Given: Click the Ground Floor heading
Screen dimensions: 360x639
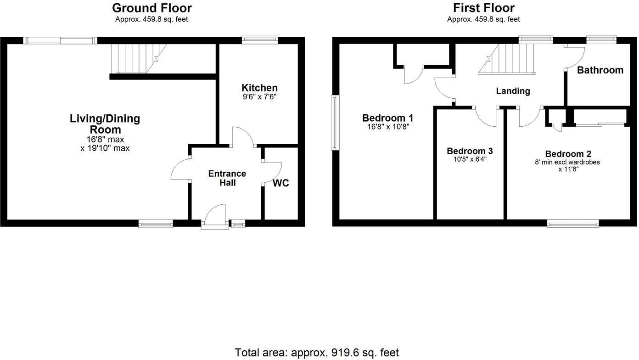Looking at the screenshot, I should tap(151, 8).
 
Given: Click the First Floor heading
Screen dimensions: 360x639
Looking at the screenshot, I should tap(483, 8).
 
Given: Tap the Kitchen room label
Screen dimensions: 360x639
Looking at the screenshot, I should tap(259, 88).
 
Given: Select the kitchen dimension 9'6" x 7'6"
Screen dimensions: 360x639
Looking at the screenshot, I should tap(259, 97).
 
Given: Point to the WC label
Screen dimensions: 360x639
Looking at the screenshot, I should tap(280, 183).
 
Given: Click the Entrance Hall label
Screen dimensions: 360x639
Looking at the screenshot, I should tap(227, 178).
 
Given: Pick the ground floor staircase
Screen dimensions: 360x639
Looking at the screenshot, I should tap(135, 58).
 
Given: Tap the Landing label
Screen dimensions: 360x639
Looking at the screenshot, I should tap(513, 91).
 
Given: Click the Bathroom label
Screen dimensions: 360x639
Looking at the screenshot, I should tap(600, 70).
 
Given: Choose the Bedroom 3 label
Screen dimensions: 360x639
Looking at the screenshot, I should tap(470, 151).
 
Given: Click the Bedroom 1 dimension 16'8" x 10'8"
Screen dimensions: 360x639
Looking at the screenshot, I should tap(388, 127).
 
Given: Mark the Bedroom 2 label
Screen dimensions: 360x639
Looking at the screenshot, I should tap(568, 154).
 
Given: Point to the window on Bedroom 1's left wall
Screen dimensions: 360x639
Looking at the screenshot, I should tap(336, 123).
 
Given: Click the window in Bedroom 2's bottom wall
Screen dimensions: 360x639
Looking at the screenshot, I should tap(572, 224).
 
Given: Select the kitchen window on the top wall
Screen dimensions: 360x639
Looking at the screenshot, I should tap(260, 40).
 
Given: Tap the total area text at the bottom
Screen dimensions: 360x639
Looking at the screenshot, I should tap(317, 352).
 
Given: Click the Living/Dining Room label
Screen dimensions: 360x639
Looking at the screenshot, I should tap(105, 124).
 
